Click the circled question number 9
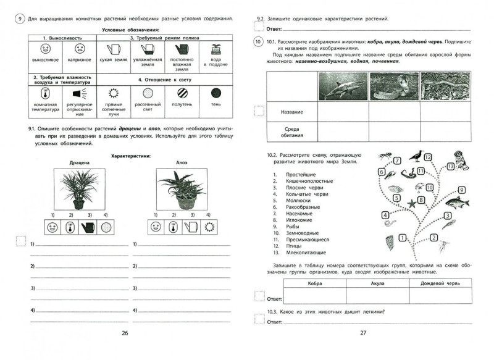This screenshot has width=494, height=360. pos(20,19)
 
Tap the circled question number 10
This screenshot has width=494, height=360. pos(258,42)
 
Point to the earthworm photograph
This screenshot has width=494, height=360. pos(446,86)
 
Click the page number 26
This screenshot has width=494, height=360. pos(125,333)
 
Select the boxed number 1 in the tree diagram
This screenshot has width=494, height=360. pos(402,237)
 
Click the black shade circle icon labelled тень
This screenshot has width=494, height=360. pos(216,93)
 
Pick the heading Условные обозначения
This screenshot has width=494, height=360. pos(129,30)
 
